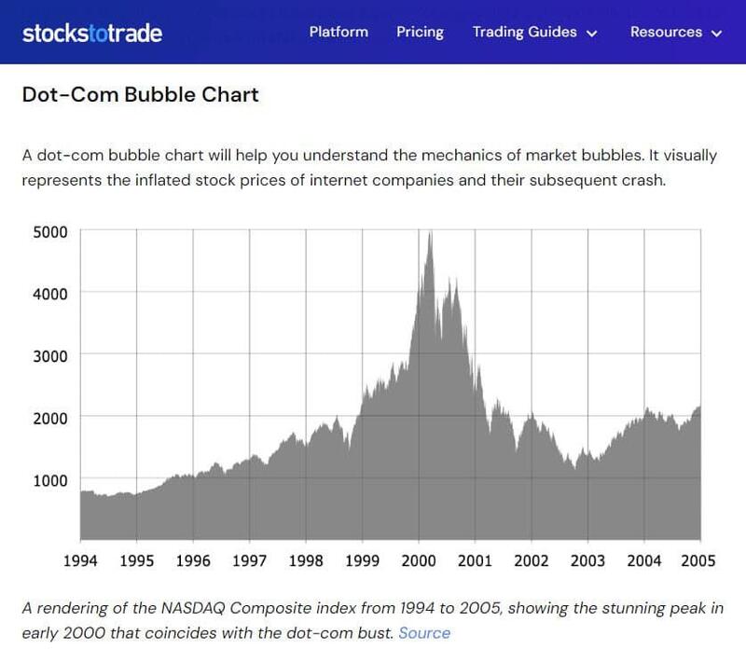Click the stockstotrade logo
click(92, 33)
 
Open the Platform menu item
click(338, 32)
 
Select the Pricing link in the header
click(420, 32)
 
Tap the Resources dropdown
click(676, 32)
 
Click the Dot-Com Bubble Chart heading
click(140, 94)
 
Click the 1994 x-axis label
click(81, 560)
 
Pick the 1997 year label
click(250, 560)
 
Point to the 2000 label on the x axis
click(419, 560)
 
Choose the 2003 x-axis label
click(587, 560)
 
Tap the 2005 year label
click(698, 560)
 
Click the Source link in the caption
click(424, 633)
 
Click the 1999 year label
click(362, 560)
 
